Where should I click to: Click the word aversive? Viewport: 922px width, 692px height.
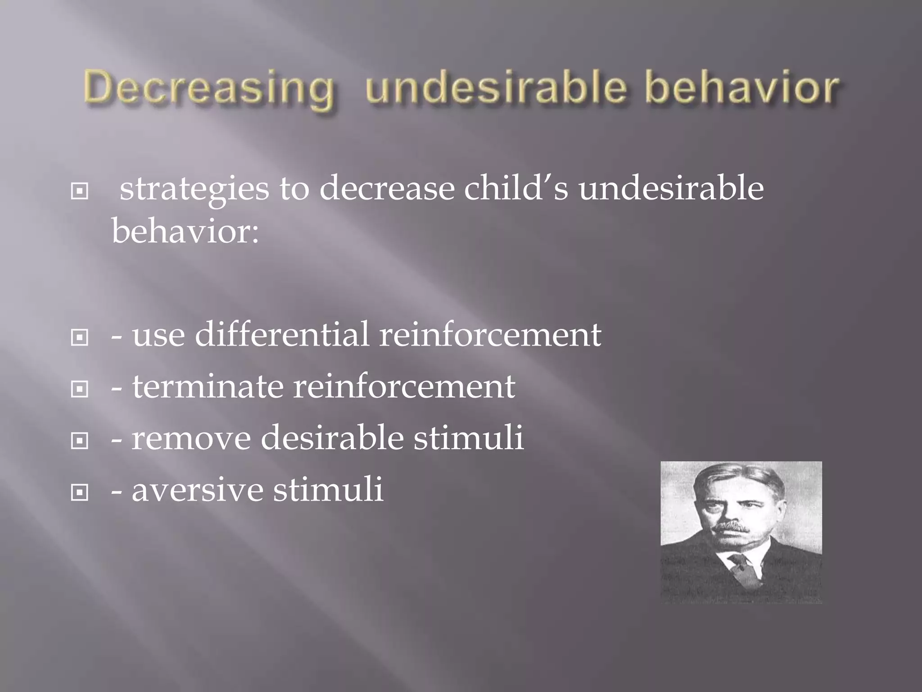[197, 490]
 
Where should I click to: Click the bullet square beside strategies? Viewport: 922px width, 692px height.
[80, 192]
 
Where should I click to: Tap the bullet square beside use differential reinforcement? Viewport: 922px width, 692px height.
[80, 337]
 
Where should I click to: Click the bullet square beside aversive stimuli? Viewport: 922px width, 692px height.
[80, 493]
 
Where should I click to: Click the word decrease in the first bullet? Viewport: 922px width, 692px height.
[387, 188]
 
